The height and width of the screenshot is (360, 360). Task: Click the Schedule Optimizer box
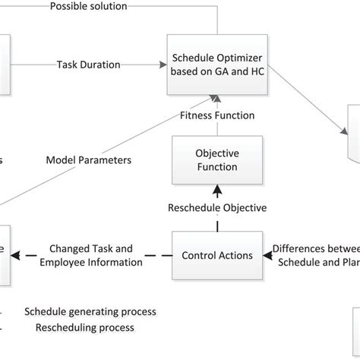[x=217, y=65]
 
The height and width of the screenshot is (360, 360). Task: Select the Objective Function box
[x=217, y=159]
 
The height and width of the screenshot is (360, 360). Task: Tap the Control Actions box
[x=217, y=255]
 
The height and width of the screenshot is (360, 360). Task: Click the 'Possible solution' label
[x=89, y=6]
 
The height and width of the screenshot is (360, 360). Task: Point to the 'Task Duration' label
[x=89, y=65]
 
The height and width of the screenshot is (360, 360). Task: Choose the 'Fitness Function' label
[x=217, y=116]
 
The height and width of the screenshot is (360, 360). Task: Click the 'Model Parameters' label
[x=89, y=160]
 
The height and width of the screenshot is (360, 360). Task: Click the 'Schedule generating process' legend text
[x=90, y=311]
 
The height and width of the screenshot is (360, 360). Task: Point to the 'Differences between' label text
[x=315, y=248]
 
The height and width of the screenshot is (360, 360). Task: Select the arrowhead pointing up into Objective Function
[x=217, y=187]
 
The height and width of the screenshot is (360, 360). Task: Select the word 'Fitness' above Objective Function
[x=197, y=116]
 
